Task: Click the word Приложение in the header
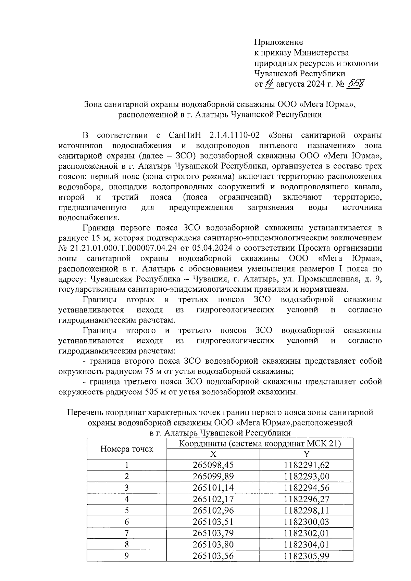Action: (x=278, y=42)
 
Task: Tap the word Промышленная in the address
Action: (x=327, y=279)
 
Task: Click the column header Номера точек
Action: (x=127, y=449)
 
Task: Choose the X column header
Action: (x=213, y=454)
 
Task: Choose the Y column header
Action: (x=307, y=454)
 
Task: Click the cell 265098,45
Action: (x=213, y=465)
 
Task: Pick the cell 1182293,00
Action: (x=307, y=476)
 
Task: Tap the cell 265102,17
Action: (x=213, y=499)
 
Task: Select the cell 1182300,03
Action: (x=307, y=521)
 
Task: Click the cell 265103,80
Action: (x=213, y=544)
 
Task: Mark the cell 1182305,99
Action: (x=307, y=555)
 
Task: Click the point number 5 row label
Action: (x=127, y=510)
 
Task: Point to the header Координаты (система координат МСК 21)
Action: (x=260, y=444)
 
